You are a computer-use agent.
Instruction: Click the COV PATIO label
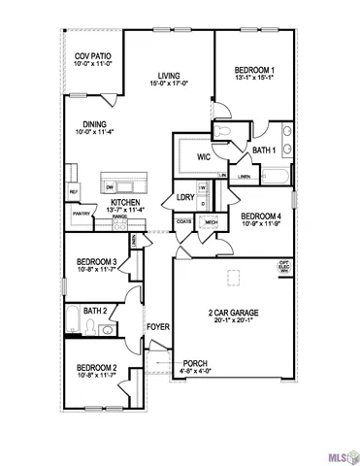click(92, 57)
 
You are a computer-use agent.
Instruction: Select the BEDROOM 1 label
click(254, 70)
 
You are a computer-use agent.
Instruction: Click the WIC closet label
click(204, 155)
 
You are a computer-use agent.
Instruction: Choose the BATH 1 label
click(262, 150)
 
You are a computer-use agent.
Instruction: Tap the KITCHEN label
click(127, 201)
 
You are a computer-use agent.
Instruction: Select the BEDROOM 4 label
click(260, 216)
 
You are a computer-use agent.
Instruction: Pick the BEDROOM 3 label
click(97, 261)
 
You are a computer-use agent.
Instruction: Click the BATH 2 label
click(93, 311)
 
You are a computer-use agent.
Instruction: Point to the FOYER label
click(157, 327)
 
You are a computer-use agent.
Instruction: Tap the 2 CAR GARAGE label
click(232, 313)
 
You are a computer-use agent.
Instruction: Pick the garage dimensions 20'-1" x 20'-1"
click(232, 321)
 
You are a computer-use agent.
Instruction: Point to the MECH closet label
click(211, 222)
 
